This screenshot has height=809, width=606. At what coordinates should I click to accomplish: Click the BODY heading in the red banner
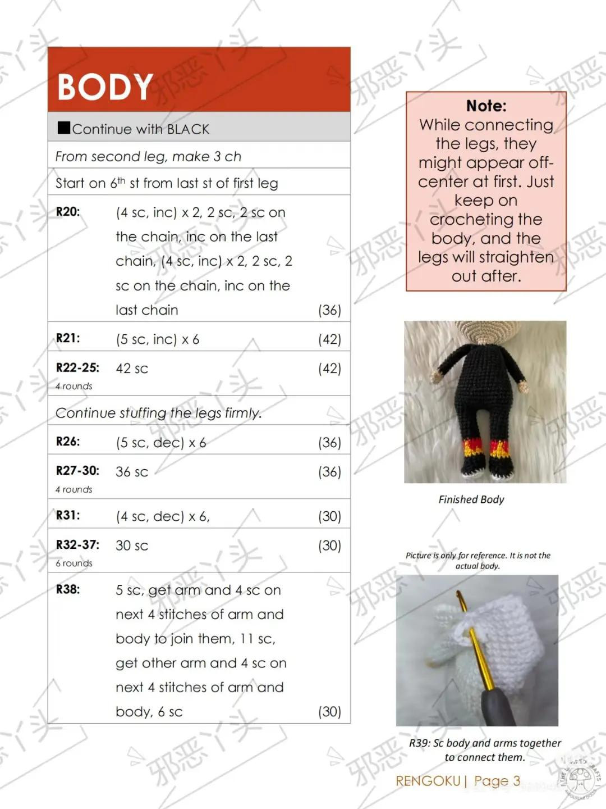coord(105,87)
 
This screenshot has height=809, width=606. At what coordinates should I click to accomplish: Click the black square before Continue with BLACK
coord(63,128)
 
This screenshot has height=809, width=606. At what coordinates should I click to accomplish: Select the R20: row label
coord(68,212)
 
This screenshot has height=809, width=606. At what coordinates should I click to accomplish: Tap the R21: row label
coord(68,338)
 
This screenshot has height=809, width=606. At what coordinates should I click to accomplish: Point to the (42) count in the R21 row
coord(329,339)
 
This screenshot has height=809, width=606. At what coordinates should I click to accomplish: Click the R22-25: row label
coord(77,368)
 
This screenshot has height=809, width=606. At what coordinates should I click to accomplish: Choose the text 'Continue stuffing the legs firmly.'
coord(158,413)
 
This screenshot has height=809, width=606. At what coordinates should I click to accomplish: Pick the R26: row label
coord(68,442)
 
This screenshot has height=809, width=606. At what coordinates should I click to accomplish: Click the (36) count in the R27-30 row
coord(329,472)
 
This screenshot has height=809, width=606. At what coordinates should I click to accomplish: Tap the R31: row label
coord(68,515)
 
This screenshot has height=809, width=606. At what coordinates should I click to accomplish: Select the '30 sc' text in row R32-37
coord(132,546)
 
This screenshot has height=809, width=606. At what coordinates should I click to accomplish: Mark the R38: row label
coord(68,589)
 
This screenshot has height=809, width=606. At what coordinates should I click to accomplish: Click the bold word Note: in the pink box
coord(486,106)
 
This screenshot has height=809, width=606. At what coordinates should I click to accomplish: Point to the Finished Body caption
coord(471,499)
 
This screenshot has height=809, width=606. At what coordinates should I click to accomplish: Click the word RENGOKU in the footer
coord(428,781)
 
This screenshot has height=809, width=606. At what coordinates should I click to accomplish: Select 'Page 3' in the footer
coord(497,781)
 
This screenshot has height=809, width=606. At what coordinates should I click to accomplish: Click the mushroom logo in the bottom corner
coord(580,779)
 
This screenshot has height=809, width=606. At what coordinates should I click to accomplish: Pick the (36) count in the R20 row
coord(329,310)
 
